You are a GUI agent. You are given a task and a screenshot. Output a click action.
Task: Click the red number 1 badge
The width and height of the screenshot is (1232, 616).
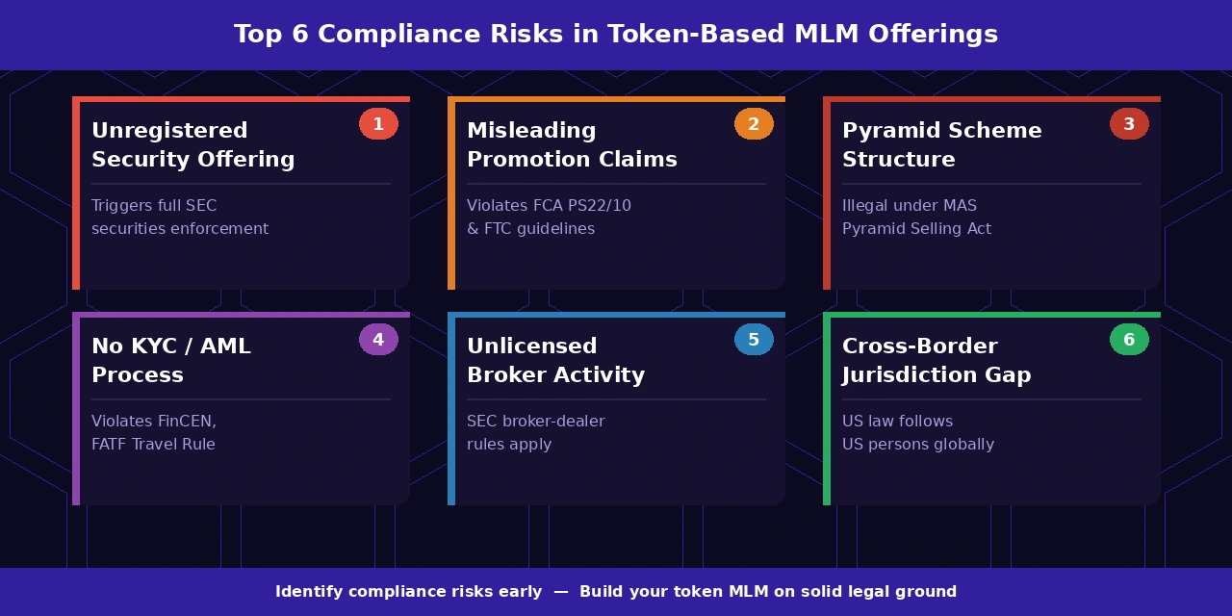tap(378, 124)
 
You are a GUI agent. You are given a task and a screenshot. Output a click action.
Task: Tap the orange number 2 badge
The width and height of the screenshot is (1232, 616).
tap(754, 124)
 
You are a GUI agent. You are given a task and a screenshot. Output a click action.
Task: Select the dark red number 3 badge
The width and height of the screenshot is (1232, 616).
tap(1129, 124)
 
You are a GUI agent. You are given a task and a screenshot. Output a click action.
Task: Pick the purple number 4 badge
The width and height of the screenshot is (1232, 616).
tap(378, 340)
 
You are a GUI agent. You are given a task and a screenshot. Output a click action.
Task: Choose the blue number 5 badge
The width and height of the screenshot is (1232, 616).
tap(754, 340)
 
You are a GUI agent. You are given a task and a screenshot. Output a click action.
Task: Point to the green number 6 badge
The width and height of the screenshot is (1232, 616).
tap(1129, 340)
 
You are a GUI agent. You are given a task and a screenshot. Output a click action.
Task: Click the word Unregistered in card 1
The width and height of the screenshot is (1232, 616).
tap(169, 131)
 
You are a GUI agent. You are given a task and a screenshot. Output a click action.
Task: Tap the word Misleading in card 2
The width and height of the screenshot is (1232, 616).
tap(531, 131)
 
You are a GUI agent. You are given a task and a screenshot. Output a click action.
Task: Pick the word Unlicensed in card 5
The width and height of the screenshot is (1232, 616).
tap(531, 346)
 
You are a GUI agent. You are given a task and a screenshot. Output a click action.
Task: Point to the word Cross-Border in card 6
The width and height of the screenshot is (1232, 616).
tap(919, 346)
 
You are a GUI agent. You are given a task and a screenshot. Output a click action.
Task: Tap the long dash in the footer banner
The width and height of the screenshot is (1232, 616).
tap(560, 592)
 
